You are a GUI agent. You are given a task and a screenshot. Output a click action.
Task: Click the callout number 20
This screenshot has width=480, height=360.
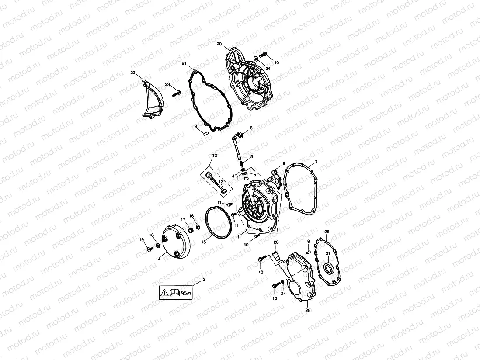(219, 44)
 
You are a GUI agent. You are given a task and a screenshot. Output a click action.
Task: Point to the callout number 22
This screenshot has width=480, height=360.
(133, 73)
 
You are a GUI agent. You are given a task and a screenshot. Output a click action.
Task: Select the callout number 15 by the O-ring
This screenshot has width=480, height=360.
(204, 242)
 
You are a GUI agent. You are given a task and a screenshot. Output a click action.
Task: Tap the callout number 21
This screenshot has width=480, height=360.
(184, 64)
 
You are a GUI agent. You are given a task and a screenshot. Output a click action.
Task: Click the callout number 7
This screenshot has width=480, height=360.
(316, 162)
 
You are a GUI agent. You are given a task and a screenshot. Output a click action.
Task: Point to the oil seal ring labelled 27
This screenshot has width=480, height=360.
(328, 266)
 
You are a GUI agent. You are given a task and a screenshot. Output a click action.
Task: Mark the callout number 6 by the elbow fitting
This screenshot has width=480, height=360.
(251, 128)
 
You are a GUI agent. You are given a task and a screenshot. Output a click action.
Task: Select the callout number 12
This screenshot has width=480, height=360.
(214, 155)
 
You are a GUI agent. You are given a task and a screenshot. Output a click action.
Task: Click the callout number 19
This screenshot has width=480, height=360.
(142, 239)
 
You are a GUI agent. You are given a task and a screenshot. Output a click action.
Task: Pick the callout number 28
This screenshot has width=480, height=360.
(276, 242)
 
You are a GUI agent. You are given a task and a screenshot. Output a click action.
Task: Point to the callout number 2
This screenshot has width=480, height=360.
(203, 279)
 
